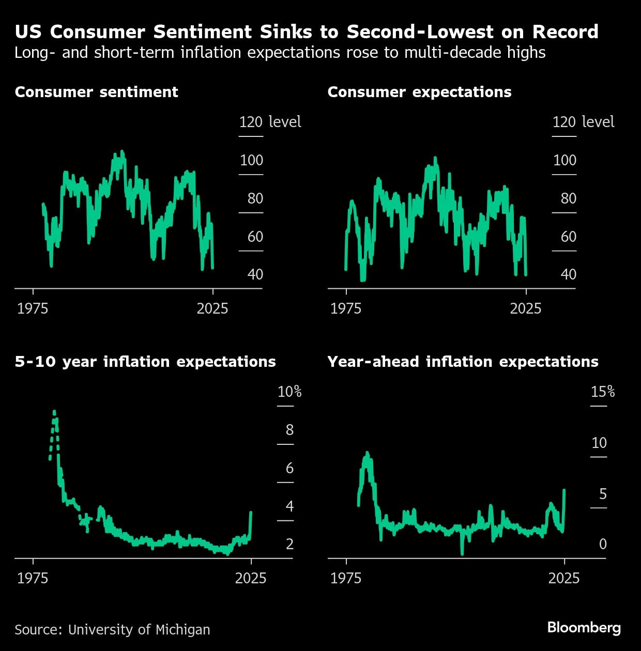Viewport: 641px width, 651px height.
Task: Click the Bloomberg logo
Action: tap(584, 628)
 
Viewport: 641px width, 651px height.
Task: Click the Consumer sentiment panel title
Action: tap(96, 92)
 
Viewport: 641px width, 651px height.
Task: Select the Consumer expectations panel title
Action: tap(419, 92)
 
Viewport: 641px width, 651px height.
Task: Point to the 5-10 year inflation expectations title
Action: tap(145, 362)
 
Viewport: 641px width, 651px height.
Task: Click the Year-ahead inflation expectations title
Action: tap(463, 362)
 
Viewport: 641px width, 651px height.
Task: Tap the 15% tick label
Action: tap(602, 392)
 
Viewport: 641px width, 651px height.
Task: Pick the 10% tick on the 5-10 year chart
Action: tap(289, 392)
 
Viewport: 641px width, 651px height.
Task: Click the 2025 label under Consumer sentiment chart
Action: tap(212, 308)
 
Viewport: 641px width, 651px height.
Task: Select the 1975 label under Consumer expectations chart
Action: tap(345, 308)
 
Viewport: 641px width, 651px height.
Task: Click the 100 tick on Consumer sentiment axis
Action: tap(251, 160)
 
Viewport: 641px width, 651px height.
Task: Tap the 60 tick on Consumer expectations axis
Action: tap(568, 237)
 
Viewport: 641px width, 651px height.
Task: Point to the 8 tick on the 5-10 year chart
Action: tap(289, 430)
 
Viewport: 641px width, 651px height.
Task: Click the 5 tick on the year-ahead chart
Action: tap(603, 494)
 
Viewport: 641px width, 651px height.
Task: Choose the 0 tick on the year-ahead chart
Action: tap(603, 544)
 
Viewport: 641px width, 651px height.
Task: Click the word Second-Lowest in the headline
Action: tap(420, 32)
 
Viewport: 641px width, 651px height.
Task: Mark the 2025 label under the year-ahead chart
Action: tap(563, 578)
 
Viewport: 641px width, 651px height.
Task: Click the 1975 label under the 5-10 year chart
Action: tap(33, 578)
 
